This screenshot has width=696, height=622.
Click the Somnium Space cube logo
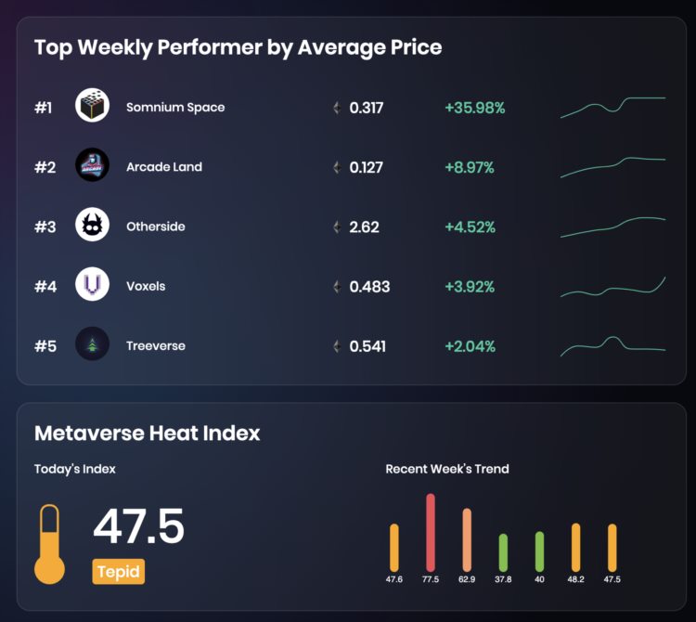(x=92, y=107)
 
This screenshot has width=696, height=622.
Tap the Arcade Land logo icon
(x=92, y=166)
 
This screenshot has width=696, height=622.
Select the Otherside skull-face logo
(x=92, y=226)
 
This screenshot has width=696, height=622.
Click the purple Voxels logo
(x=92, y=286)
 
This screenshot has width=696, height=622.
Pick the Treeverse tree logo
(x=92, y=345)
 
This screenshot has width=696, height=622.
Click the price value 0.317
(x=366, y=108)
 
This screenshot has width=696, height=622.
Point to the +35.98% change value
(x=474, y=108)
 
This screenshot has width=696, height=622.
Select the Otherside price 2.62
(x=364, y=227)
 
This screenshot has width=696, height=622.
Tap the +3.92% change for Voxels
(x=470, y=286)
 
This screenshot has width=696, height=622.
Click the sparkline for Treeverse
(x=612, y=346)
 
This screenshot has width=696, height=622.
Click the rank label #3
(x=45, y=227)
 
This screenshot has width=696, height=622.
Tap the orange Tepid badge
(x=118, y=571)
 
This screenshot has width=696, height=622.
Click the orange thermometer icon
(x=50, y=545)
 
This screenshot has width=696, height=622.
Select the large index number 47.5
(x=139, y=527)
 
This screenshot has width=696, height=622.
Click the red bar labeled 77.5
(x=431, y=532)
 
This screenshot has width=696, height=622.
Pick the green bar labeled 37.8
(x=503, y=552)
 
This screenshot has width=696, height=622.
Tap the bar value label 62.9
(x=467, y=579)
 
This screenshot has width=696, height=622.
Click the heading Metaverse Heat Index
(x=147, y=433)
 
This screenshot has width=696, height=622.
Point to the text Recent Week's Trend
(x=447, y=469)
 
